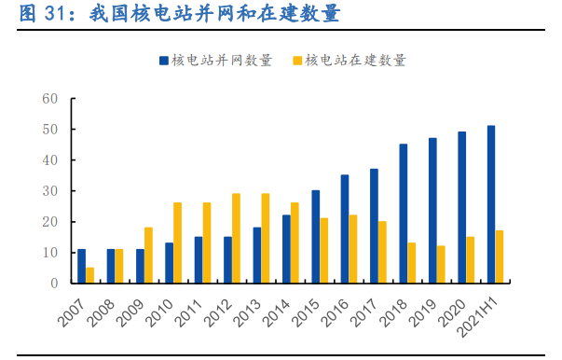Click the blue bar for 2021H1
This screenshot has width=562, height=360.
[491, 204]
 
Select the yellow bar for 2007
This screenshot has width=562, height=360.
[90, 275]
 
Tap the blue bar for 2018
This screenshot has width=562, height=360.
[404, 214]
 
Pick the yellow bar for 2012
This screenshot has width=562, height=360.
[236, 238]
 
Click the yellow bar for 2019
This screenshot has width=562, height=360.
[441, 264]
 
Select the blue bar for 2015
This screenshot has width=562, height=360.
[315, 237]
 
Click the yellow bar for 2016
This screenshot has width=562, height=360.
[353, 249]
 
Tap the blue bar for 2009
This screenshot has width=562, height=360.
[140, 266]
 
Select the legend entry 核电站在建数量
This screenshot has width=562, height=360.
[355, 60]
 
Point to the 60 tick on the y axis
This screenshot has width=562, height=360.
[50, 98]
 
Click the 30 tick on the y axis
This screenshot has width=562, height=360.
[50, 190]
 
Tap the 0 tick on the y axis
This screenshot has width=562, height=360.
[54, 283]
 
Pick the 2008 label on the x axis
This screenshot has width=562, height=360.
[104, 306]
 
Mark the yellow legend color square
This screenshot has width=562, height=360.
[297, 60]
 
